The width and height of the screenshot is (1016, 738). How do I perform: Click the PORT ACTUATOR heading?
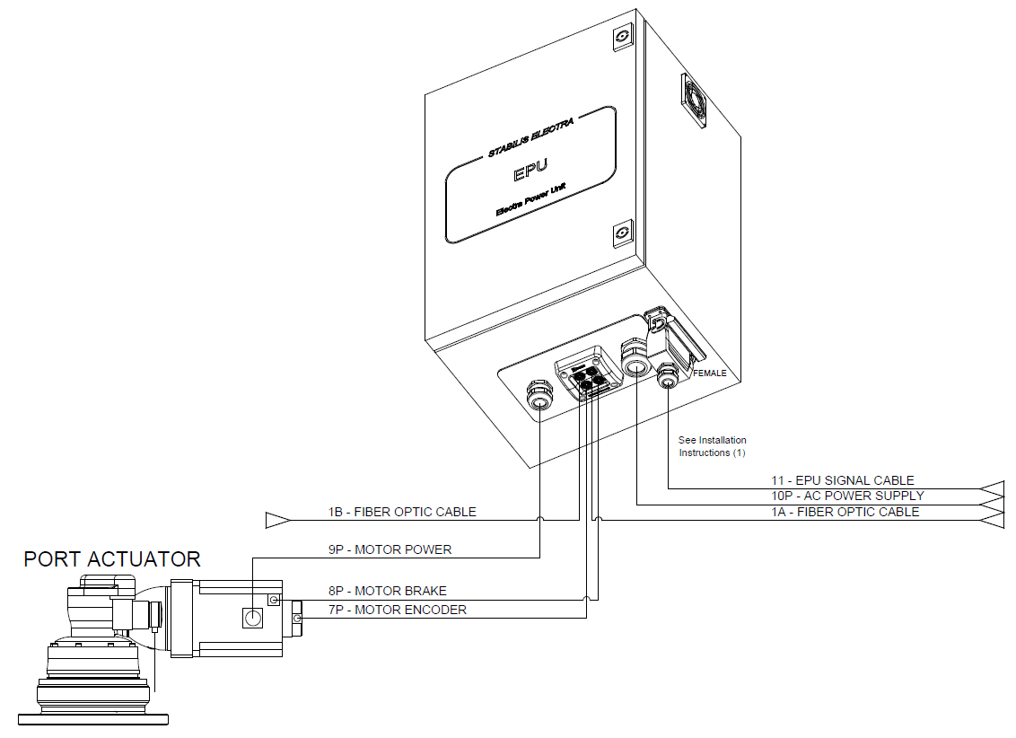coord(112,559)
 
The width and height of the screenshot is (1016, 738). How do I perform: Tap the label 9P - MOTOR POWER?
coord(390,549)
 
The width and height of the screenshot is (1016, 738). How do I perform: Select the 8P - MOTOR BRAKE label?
coord(388,591)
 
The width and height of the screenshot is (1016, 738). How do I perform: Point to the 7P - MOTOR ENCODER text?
coord(398,610)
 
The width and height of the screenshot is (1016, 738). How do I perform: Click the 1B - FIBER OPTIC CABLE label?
coord(402,512)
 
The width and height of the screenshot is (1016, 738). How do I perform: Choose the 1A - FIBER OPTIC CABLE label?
coord(845,512)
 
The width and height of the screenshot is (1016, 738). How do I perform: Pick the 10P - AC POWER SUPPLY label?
coord(847,496)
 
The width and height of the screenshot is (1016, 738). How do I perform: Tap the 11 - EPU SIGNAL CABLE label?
coord(843,480)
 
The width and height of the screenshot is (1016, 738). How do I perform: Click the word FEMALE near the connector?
coord(710,373)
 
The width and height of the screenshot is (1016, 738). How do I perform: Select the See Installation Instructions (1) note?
coord(712,446)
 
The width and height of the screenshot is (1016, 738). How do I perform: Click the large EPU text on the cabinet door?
coord(530,171)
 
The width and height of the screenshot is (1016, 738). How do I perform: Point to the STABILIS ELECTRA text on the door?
coord(530,137)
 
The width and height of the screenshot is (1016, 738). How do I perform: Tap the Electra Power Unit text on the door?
coord(530,200)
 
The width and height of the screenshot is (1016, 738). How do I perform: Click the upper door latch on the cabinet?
coord(623,36)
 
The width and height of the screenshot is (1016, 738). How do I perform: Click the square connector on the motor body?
coord(252,618)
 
